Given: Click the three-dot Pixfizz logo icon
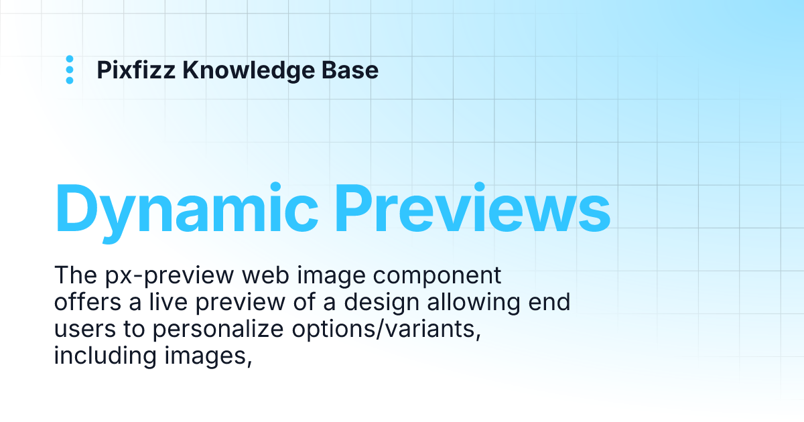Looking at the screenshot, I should [70, 70].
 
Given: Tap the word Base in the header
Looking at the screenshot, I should [355, 70].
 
